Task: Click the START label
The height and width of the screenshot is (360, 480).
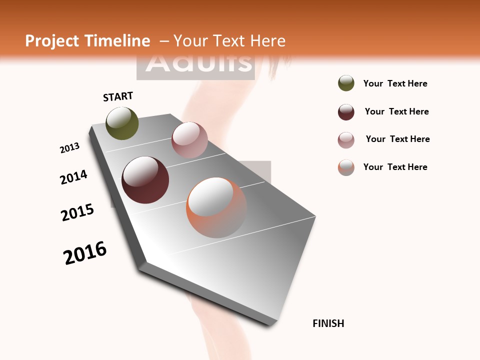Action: click(118, 96)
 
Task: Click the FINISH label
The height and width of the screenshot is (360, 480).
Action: click(328, 323)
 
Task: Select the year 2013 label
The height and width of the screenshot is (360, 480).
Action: click(70, 148)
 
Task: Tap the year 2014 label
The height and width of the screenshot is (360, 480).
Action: click(73, 177)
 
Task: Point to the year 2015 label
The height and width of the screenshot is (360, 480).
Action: click(77, 212)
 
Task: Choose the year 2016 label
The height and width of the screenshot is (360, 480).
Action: click(85, 253)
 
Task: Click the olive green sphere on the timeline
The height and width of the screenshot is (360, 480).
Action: click(122, 123)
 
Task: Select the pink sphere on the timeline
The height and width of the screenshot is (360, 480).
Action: click(189, 140)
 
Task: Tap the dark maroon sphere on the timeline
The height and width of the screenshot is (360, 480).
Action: click(145, 180)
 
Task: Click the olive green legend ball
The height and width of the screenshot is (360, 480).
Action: click(346, 83)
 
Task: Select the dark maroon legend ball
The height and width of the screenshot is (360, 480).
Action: click(346, 112)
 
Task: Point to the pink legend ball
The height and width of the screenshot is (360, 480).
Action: click(346, 140)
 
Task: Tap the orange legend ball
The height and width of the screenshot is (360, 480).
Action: click(346, 167)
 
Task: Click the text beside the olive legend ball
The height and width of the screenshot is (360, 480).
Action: click(395, 83)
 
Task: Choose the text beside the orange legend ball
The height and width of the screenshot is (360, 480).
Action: click(395, 167)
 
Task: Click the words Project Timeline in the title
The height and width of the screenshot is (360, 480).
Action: click(87, 41)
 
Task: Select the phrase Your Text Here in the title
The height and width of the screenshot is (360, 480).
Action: click(229, 41)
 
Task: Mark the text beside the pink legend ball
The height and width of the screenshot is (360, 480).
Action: click(397, 139)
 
